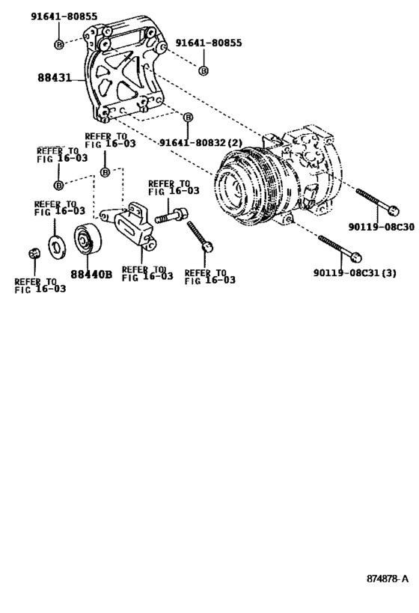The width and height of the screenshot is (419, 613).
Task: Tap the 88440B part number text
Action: pos(91,274)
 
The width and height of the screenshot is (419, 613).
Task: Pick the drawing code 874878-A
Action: pos(388,579)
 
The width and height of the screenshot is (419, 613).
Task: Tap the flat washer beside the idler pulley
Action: pos(55,244)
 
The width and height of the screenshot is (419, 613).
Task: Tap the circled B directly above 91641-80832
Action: pos(188,118)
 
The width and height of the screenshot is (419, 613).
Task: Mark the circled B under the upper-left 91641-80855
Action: pos(59,46)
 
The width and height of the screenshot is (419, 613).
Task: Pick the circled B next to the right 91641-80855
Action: pos(203,70)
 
